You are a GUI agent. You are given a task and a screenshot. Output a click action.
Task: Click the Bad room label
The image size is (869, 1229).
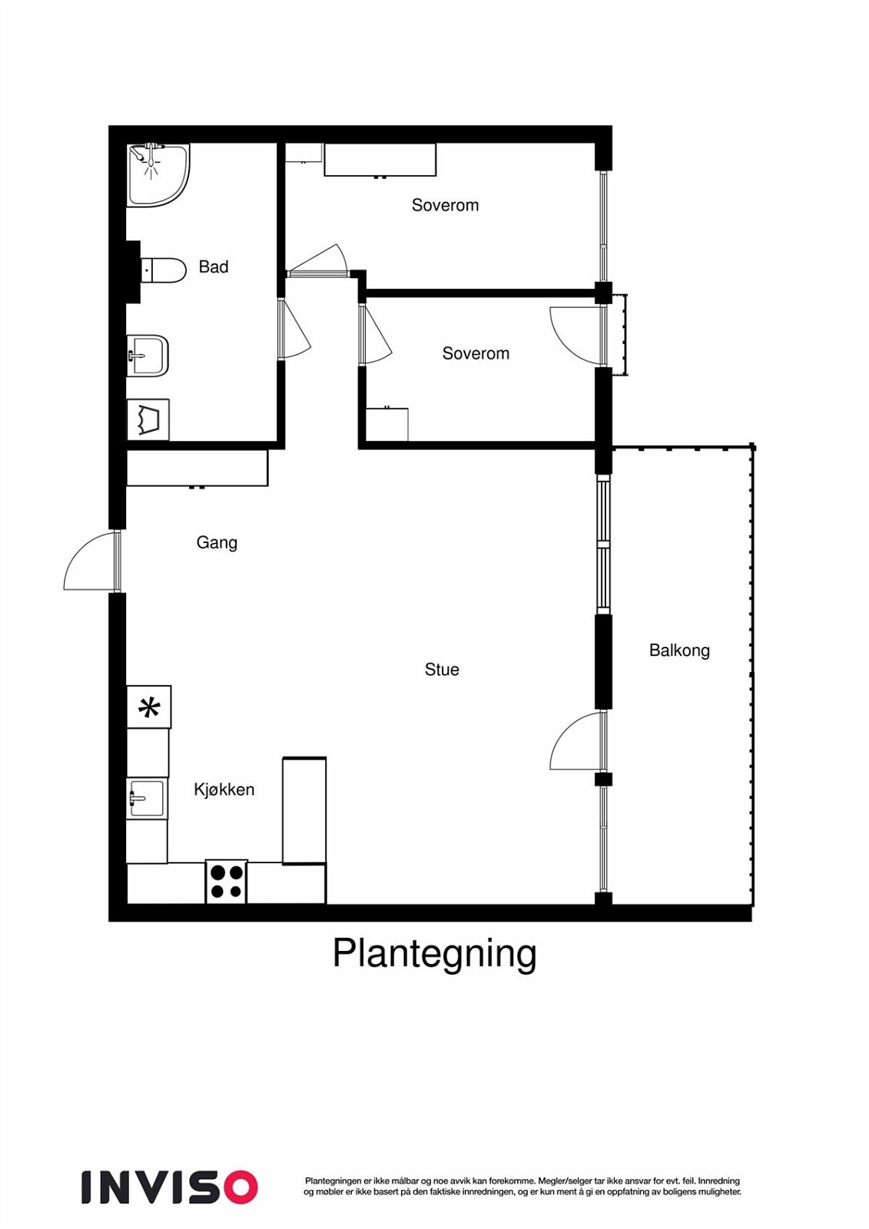coord(214,267)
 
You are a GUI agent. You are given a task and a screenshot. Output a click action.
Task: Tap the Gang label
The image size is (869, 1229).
coord(217,542)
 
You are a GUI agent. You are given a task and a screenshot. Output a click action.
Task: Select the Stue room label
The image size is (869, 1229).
coord(442,669)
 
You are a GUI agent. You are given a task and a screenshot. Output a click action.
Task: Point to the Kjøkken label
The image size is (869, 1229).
coord(224,789)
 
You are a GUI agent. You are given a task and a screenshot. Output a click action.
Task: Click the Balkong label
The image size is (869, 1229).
coord(679,650)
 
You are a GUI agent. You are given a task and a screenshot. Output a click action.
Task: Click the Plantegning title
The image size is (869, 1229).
coord(434,953)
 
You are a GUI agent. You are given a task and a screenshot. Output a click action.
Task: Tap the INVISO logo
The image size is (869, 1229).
coord(169,1187)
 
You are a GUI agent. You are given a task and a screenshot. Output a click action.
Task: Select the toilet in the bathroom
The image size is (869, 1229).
coord(164,270)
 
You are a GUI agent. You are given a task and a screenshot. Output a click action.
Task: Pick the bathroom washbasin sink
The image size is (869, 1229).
coord(147,356)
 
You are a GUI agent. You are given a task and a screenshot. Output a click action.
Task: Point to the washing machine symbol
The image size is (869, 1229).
coord(148,419)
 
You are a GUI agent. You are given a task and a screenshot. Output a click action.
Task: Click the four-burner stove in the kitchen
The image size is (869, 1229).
coord(227,881)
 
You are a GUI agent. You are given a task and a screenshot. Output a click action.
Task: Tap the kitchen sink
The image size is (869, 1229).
coord(146,799)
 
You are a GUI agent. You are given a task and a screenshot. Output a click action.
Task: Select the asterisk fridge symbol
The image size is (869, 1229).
coord(149,707)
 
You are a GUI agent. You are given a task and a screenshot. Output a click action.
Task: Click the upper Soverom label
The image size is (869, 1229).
coord(445,205)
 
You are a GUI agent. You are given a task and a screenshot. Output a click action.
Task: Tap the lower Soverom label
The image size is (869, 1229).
coord(476,353)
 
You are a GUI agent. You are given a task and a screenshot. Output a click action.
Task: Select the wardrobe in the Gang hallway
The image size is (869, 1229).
coord(197,468)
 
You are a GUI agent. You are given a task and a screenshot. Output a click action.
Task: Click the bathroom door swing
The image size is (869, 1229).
coord(295,330)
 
